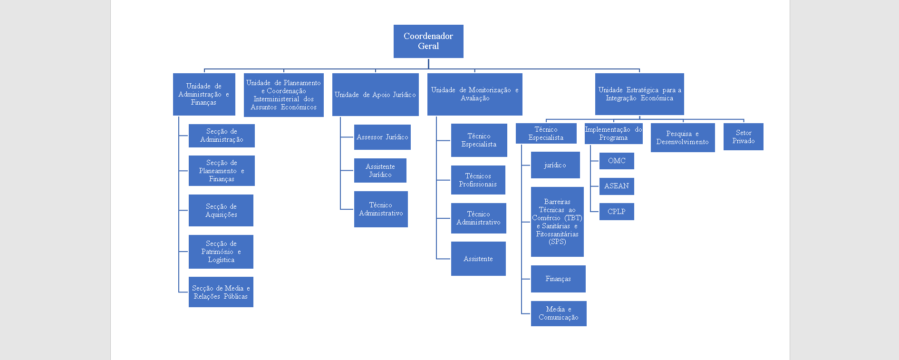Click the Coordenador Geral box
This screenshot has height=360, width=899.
pos(428,41)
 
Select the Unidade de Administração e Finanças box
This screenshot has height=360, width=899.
pos(204,94)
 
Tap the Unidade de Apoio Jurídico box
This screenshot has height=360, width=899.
pos(375,95)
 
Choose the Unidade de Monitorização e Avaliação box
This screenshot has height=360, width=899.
pos(474,94)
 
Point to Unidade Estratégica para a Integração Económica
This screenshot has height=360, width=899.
pos(639,94)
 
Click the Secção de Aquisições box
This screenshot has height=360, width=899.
pos(221,211)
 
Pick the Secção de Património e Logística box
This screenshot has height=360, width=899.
pos(221,252)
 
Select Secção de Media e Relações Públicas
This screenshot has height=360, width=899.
pos(221,292)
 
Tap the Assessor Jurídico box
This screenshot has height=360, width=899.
pos(382,137)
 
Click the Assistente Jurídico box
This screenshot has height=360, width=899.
pos(380,171)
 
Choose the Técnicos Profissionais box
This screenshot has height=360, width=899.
pos(478,180)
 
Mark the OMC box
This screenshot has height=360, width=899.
pos(617,161)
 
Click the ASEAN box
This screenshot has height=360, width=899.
pos(617,186)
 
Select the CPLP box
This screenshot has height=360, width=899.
pos(617,212)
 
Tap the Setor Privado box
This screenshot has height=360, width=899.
pos(744,137)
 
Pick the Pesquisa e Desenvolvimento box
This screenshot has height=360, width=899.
pos(683,138)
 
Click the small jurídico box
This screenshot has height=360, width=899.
pos(555,165)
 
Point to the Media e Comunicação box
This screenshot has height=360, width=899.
pos(559,313)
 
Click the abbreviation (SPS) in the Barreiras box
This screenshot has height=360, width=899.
pos(557,242)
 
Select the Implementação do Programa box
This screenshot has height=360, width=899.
pos(613,134)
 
